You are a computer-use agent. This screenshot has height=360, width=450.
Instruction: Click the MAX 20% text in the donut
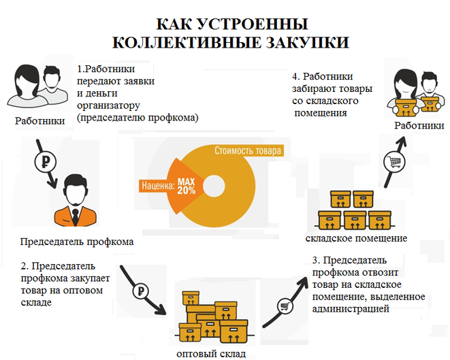point(186,186)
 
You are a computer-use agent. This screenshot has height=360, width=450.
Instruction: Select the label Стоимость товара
point(247,150)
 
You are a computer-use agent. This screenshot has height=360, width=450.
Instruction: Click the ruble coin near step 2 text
point(140,289)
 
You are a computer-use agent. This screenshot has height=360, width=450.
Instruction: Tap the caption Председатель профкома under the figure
point(76,242)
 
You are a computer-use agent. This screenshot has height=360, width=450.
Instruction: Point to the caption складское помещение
point(356,238)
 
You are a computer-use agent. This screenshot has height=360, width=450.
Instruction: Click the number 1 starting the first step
point(80,69)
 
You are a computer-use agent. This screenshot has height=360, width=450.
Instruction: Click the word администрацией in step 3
point(351,309)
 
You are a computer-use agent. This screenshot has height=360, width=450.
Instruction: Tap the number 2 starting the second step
point(23,265)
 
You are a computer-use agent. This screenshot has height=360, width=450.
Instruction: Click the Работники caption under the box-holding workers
point(419,125)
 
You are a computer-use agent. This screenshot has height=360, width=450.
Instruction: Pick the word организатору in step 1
point(108,105)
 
